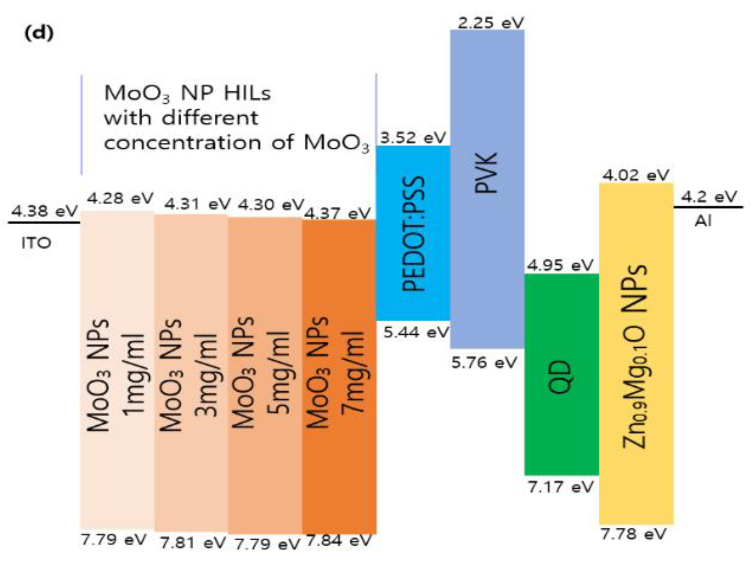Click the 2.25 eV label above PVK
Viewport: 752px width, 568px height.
coord(491,23)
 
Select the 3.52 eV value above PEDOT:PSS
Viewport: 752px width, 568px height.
coord(413,138)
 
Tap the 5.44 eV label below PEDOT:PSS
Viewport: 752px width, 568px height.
coord(416,333)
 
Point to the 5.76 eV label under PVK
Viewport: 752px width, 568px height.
coord(484,362)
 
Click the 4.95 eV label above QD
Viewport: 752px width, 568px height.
coord(560,264)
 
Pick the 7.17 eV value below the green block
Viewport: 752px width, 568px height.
coord(560,487)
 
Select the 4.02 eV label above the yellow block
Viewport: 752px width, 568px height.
coord(636,175)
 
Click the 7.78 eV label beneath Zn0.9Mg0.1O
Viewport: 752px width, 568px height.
coord(633,534)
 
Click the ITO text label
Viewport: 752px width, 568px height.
coord(36,243)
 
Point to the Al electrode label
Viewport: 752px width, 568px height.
coord(703,221)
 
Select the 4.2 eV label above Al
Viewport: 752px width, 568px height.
coord(709,197)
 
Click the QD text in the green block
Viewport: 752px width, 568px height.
coord(560,377)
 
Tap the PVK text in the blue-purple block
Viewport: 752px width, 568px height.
coord(486,173)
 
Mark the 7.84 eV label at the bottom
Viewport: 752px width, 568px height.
coord(339,541)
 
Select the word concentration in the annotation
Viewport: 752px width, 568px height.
coord(183,143)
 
